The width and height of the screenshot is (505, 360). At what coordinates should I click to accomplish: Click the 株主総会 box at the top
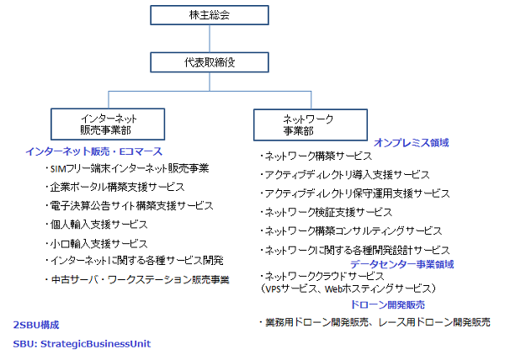click(x=210, y=15)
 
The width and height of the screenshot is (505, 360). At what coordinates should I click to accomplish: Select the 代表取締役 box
click(x=210, y=62)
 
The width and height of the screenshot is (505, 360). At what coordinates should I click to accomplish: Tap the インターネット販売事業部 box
click(x=108, y=124)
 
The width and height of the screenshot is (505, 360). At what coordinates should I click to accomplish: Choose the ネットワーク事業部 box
click(x=311, y=124)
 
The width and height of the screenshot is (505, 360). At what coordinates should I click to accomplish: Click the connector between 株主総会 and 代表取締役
click(x=210, y=39)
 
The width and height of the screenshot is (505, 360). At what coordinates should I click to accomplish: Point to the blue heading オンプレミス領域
click(x=412, y=142)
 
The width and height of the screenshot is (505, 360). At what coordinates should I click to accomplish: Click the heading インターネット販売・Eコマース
click(x=93, y=151)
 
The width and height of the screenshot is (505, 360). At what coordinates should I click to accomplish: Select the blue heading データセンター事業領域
click(x=402, y=264)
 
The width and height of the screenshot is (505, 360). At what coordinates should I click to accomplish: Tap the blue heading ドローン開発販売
click(x=387, y=304)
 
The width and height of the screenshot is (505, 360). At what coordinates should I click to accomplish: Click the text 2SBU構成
click(x=36, y=325)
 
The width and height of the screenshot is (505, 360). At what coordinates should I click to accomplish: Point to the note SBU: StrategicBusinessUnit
click(x=82, y=344)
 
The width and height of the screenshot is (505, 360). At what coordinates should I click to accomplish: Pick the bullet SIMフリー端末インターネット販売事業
click(x=127, y=168)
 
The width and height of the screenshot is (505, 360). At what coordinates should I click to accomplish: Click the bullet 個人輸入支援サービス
click(x=96, y=225)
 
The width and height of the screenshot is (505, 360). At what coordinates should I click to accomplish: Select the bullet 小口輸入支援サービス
click(x=96, y=244)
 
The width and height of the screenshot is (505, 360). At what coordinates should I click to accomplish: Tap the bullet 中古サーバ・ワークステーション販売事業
click(x=137, y=279)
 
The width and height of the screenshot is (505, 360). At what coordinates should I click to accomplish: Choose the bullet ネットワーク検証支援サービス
click(x=326, y=212)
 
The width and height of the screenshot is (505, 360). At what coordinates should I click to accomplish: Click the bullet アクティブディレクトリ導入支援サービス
click(x=344, y=175)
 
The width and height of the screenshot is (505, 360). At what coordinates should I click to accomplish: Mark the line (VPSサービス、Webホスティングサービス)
click(x=348, y=289)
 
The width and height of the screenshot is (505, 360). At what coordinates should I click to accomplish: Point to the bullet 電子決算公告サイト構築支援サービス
click(x=129, y=205)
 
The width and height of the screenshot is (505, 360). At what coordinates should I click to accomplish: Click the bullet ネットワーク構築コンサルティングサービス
click(x=351, y=231)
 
